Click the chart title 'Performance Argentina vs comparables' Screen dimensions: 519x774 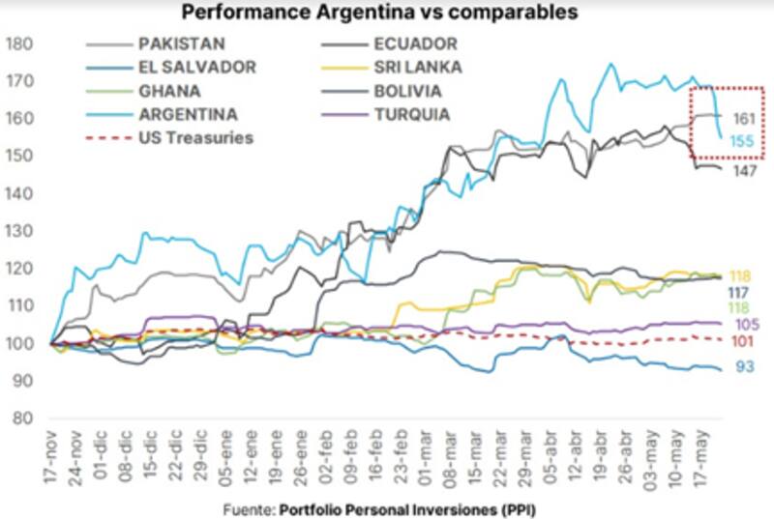tap(378, 13)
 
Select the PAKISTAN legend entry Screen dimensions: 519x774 tap(180, 44)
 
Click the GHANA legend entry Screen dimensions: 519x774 tap(170, 91)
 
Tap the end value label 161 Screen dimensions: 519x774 tap(743, 118)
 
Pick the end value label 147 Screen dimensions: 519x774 tap(743, 171)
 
